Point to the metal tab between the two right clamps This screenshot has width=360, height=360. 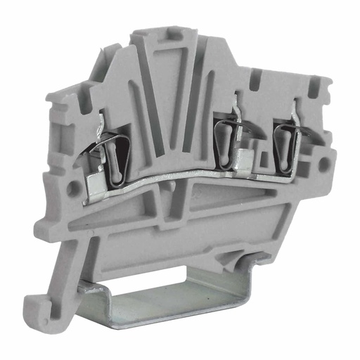[247, 157]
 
